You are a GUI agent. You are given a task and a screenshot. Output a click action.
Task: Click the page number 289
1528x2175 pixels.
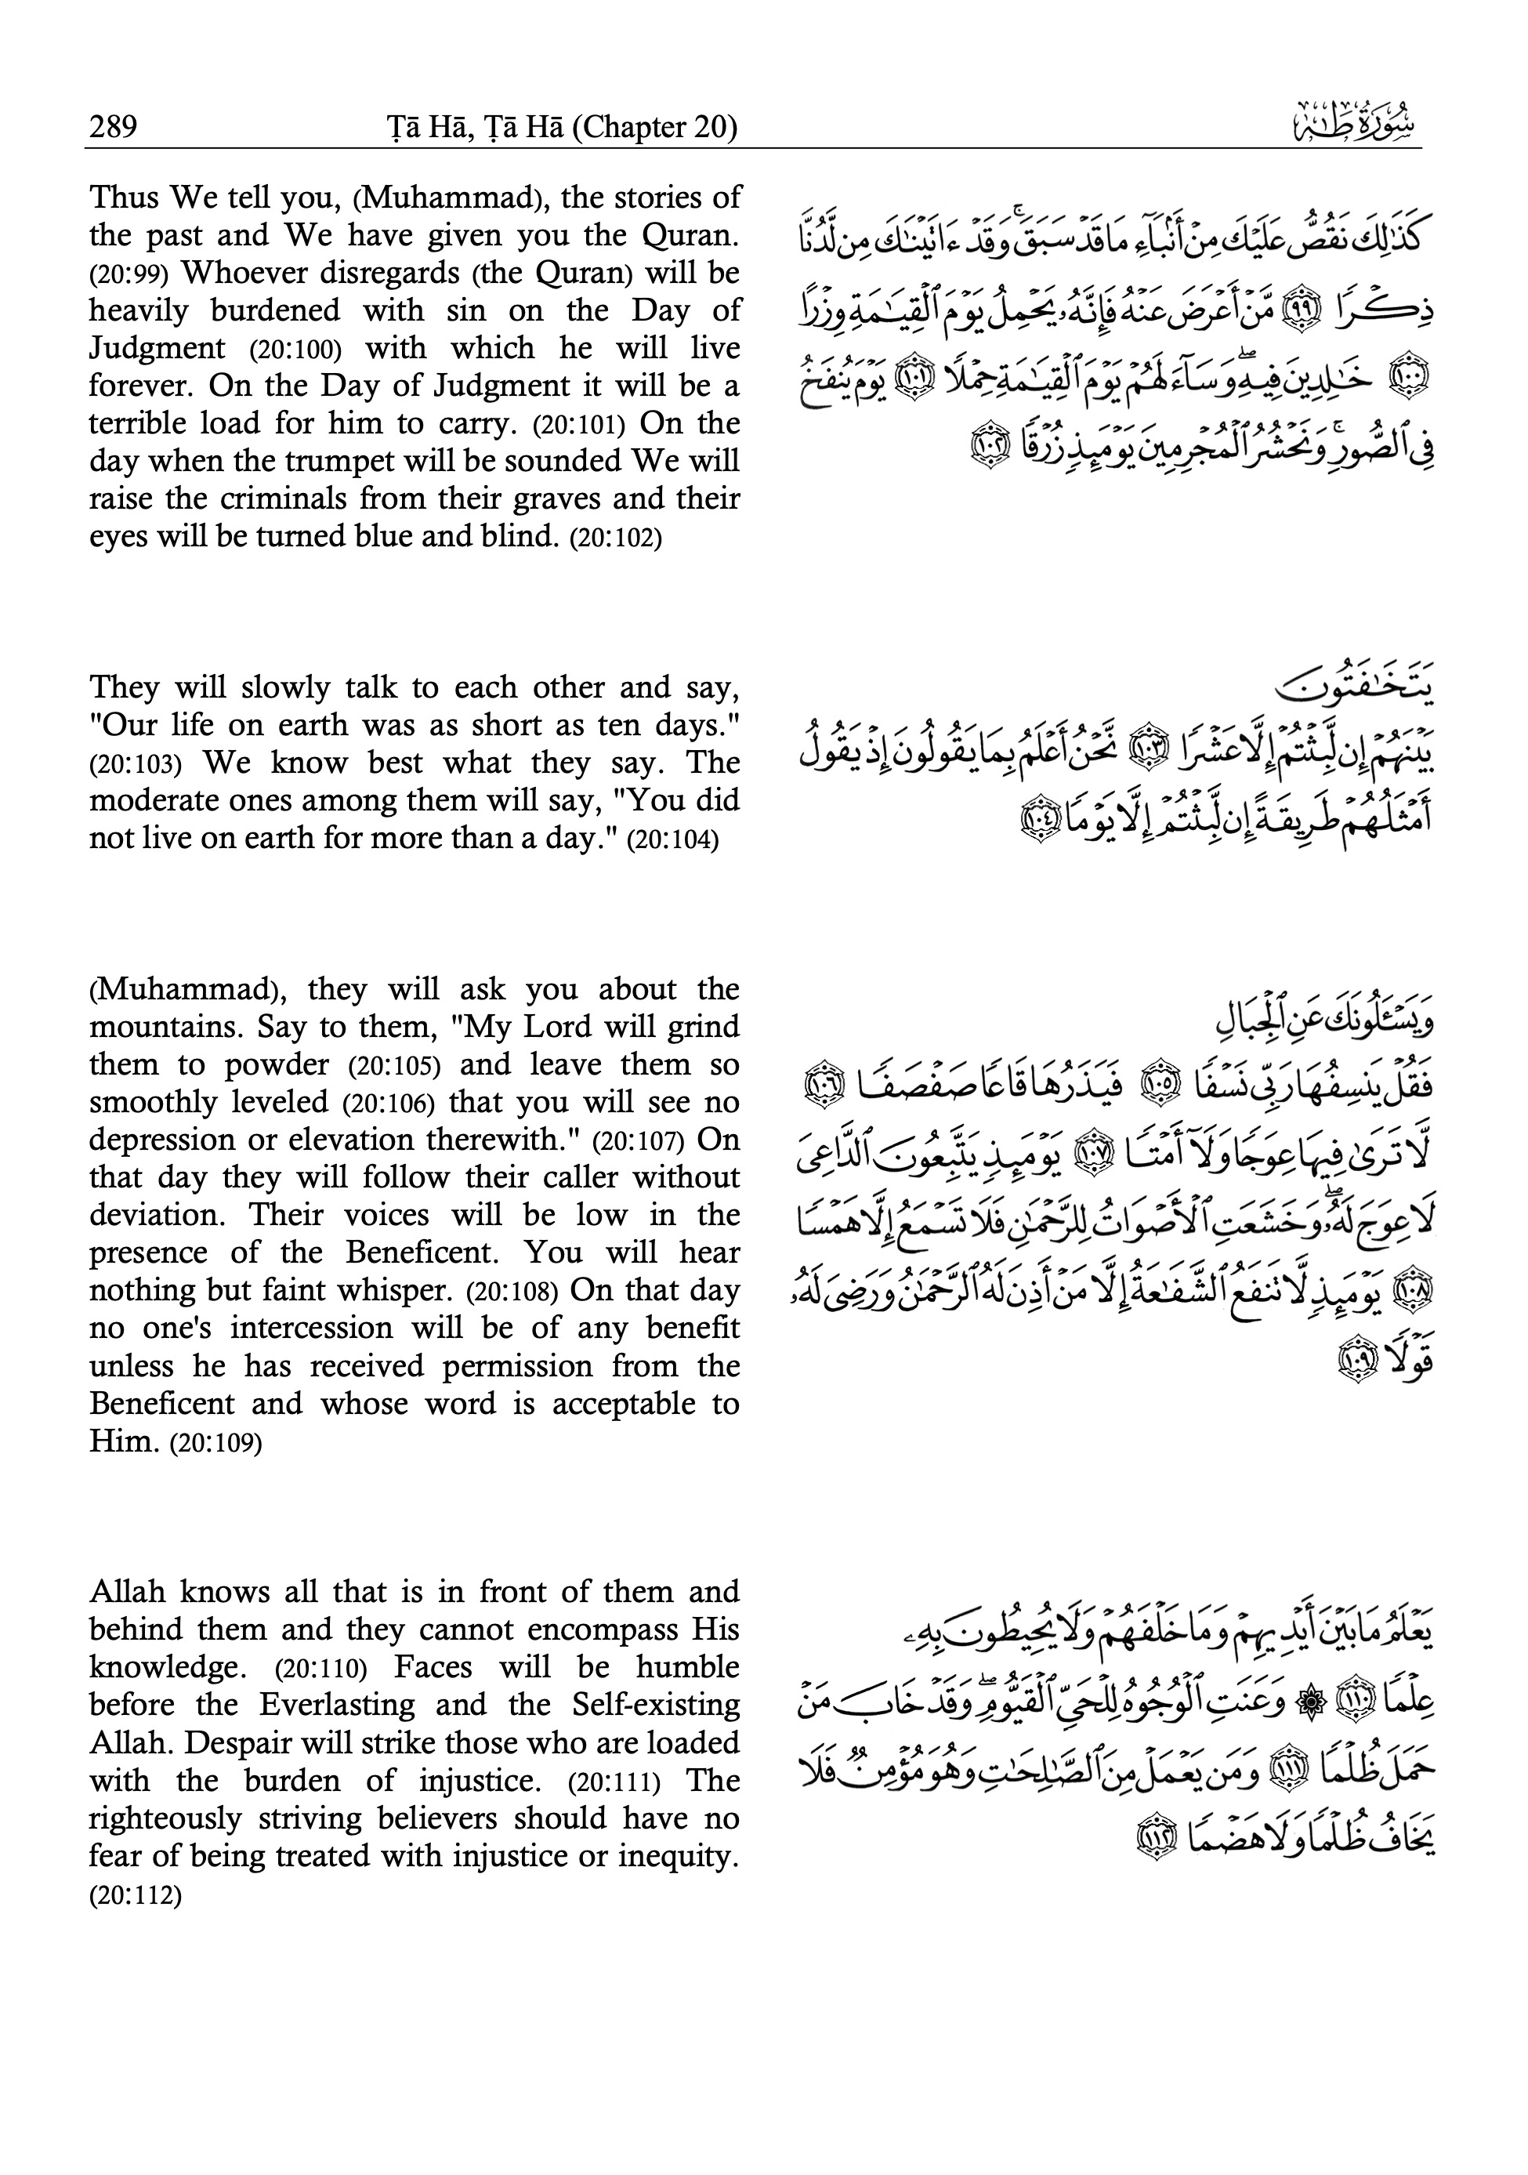pos(114,126)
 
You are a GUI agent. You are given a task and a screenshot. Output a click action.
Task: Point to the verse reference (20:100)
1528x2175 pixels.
pos(295,350)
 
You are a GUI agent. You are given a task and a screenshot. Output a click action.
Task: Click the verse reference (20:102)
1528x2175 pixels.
pos(615,538)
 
